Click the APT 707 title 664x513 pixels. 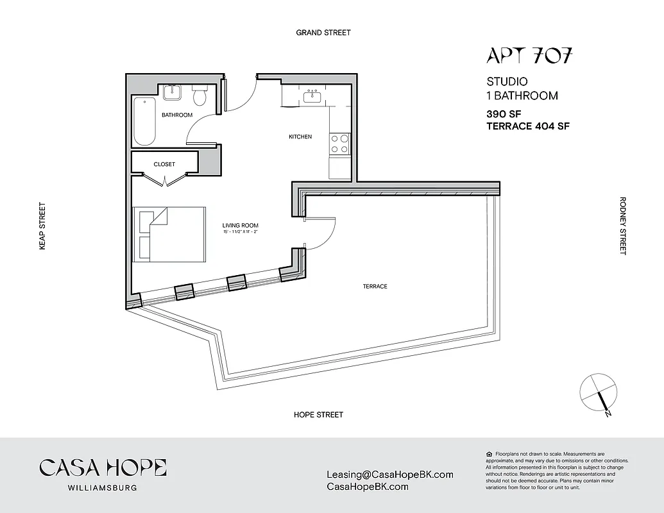[529, 56]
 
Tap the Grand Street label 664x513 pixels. [323, 33]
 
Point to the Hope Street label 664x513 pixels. [318, 415]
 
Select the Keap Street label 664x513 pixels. [43, 226]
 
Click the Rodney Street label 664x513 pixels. [622, 226]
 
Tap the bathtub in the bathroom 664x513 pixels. [144, 121]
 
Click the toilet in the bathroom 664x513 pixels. [200, 96]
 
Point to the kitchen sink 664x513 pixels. [314, 96]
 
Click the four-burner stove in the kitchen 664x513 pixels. [339, 144]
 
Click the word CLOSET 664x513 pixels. [164, 165]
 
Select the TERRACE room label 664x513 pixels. [375, 287]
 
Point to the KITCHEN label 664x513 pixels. [300, 137]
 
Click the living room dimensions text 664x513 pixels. [241, 232]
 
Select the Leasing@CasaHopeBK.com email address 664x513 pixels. [390, 475]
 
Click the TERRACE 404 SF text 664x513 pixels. [528, 126]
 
